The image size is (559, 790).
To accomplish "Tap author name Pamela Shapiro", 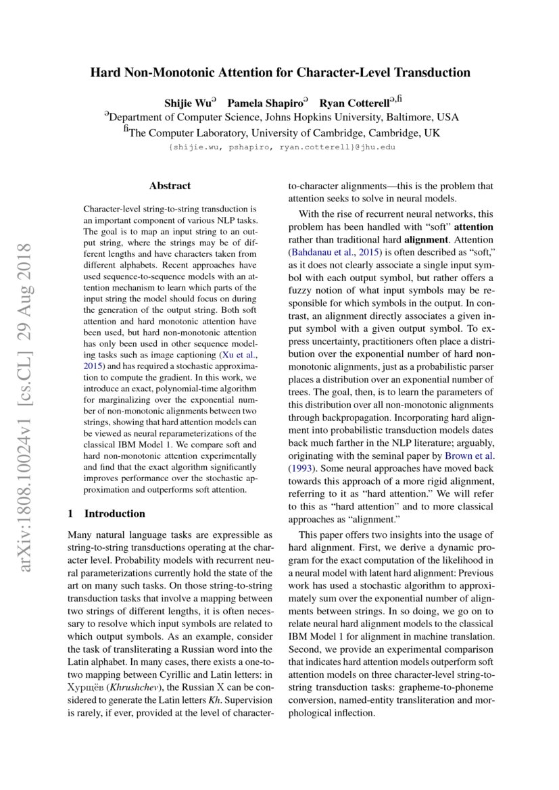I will click(265, 103).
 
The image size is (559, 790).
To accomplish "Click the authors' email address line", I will click(281, 147).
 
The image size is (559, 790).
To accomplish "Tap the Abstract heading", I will click(170, 185).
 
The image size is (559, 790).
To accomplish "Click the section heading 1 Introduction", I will click(107, 513).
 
